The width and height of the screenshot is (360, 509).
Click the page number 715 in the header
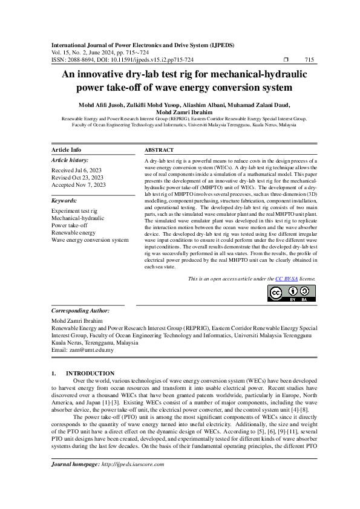309,60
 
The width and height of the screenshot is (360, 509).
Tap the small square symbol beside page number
286,60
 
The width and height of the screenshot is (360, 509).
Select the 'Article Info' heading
67,150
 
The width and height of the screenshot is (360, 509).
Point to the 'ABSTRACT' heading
159,150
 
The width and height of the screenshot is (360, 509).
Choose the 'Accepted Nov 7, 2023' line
79,184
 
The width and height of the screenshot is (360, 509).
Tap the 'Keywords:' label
65,200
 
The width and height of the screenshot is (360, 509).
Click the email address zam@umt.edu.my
87,349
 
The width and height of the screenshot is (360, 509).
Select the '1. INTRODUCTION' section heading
83,374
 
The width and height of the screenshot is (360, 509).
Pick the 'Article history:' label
69,160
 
